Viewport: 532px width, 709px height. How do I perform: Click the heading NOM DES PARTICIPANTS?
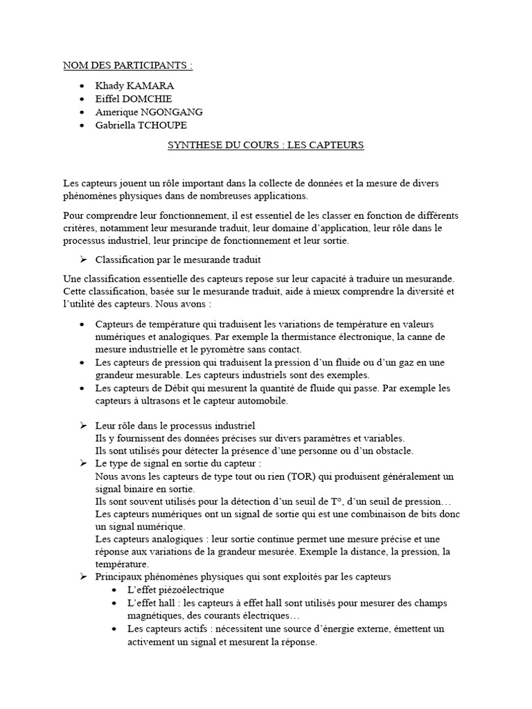[x=127, y=66]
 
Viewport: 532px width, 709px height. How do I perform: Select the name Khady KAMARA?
[x=134, y=86]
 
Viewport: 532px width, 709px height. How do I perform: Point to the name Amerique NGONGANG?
[x=149, y=111]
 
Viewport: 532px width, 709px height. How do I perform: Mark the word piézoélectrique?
[x=192, y=590]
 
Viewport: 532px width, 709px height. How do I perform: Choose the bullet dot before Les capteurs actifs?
[x=116, y=629]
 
